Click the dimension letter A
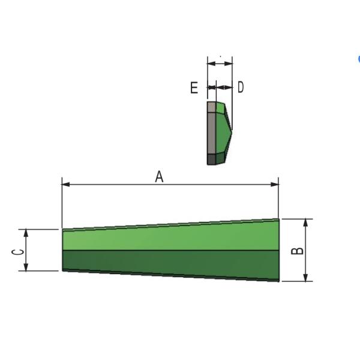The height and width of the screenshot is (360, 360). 159,177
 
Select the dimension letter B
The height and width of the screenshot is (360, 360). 297,251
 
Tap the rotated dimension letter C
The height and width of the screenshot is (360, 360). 17,252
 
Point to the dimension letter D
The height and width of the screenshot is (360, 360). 241,87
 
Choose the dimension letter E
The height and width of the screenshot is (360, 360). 194,88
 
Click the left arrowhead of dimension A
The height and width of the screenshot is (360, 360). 66,184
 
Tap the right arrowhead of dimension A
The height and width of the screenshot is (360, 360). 275,184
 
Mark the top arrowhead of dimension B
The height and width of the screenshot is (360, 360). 305,223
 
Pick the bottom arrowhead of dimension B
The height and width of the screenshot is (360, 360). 305,277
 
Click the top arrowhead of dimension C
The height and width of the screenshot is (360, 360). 26,233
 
